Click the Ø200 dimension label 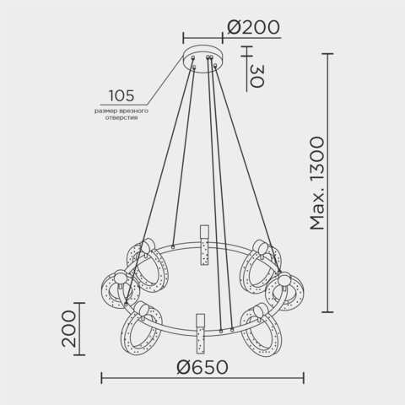(x=254, y=27)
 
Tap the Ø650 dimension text (x=202, y=368)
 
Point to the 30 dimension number (x=256, y=76)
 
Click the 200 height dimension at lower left (x=68, y=328)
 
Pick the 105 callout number (x=122, y=95)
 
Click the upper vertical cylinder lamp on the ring (x=203, y=245)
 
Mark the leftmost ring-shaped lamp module (x=118, y=290)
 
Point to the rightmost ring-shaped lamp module (x=286, y=291)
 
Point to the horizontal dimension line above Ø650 (x=202, y=379)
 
